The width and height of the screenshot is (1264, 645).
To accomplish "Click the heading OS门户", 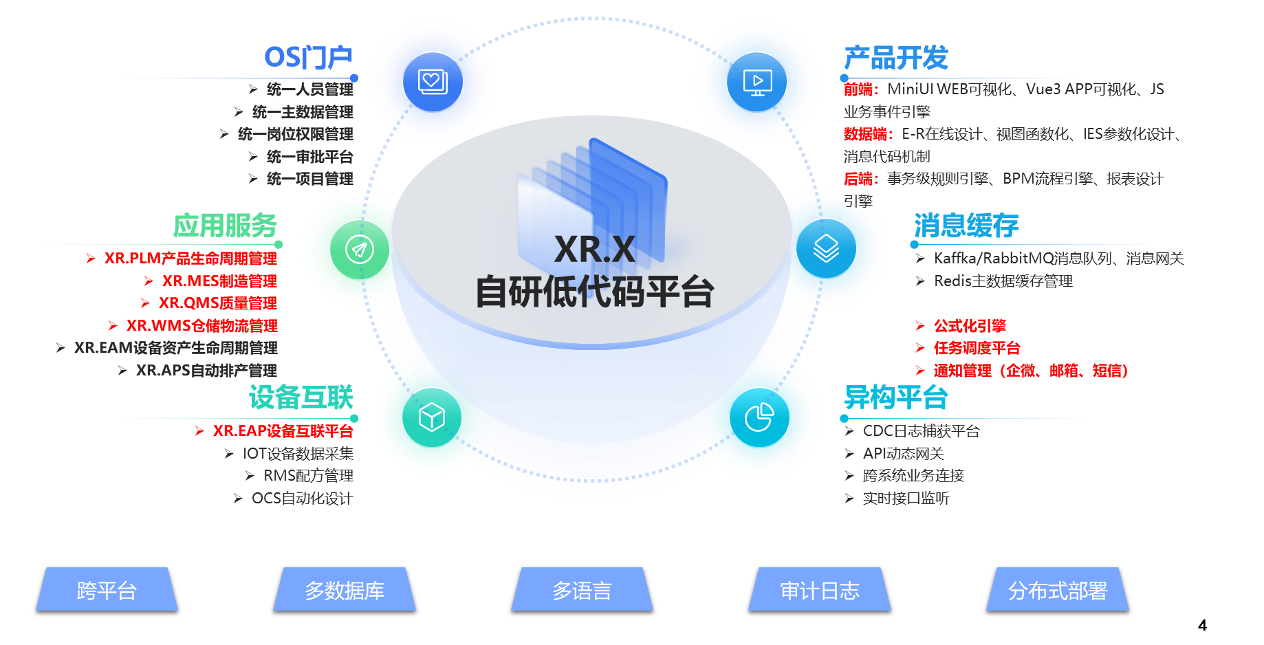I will coord(309,58).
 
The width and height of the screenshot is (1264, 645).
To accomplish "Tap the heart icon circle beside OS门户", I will coord(433,82).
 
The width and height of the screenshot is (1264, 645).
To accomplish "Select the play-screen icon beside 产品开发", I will coord(757,82).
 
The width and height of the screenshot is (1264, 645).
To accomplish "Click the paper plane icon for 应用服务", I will coord(360,249).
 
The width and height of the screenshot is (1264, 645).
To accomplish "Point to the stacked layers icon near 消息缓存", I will coord(826,248).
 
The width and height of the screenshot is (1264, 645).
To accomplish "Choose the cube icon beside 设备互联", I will coord(432,417).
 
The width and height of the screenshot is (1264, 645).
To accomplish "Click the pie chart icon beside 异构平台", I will coord(759,417).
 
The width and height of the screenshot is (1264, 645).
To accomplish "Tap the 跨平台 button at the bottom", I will coord(107,590).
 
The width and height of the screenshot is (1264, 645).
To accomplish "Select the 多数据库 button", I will coord(345,590).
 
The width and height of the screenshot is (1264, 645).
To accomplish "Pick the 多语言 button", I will coord(582,590).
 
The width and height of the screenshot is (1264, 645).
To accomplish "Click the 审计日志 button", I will coord(820,590).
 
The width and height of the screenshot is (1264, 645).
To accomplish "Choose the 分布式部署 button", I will coord(1058,590).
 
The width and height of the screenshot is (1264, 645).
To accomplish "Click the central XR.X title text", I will coord(595,249).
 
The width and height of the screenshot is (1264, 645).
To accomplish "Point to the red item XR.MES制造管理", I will coord(219,281).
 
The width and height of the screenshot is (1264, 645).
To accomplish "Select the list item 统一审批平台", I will coord(309,157).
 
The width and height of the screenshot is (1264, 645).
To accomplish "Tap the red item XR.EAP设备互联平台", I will coord(282,431).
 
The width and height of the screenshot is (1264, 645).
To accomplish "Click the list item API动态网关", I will coord(903,454).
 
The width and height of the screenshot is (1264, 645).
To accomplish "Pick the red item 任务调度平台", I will coord(977,348).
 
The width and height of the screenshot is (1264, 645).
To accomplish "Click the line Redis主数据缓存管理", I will coord(1003,281).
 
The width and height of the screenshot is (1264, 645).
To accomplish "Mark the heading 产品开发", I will coord(896,58).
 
